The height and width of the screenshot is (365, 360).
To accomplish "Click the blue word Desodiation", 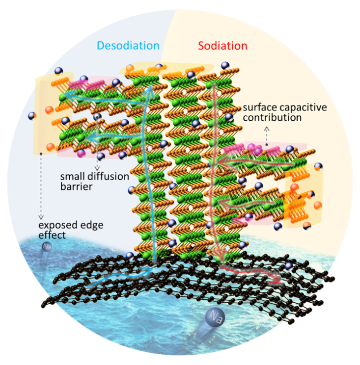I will coord(128,46).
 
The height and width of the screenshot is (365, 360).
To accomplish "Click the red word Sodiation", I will coord(222,46).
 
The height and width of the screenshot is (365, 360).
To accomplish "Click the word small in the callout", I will coord(71,176).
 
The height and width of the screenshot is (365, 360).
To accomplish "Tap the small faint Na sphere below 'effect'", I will coord(47,246).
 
